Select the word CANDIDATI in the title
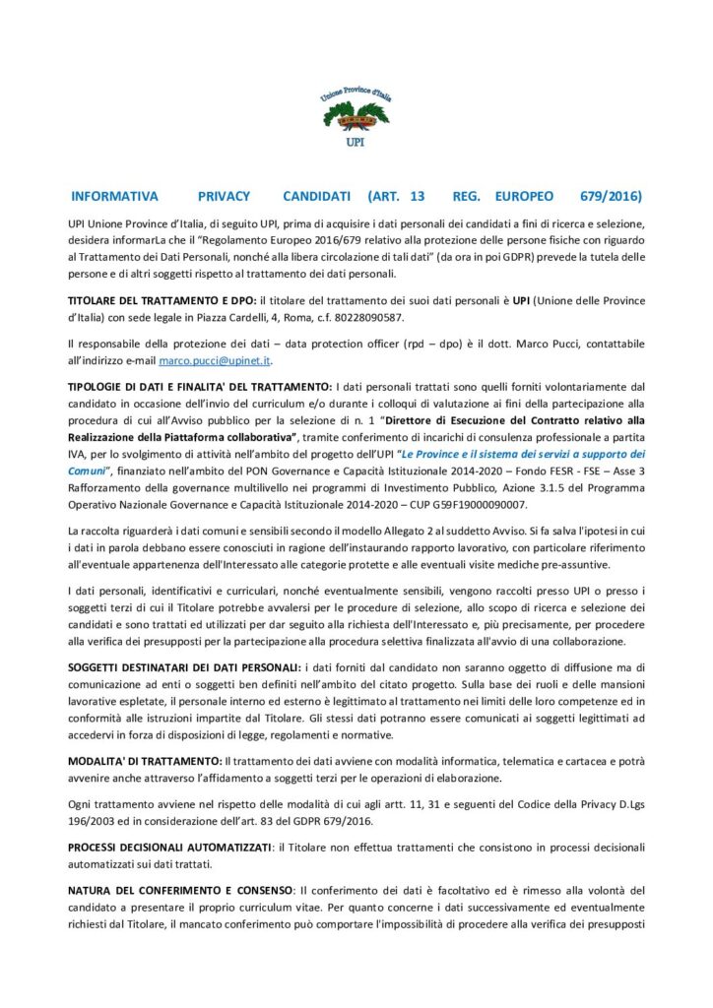click(310, 196)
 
